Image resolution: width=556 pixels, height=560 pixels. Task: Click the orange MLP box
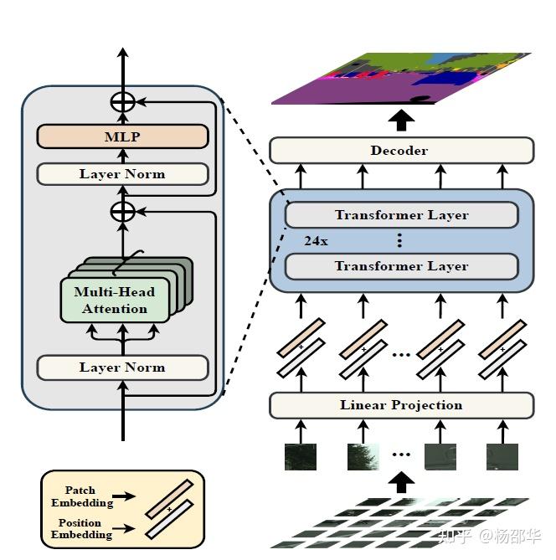coord(122,136)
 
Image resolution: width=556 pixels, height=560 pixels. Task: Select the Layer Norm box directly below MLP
coord(122,174)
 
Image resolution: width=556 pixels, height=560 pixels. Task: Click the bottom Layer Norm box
coord(122,367)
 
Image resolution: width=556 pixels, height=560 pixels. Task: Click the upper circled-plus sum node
coord(123,101)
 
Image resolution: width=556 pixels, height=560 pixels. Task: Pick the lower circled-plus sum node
coord(123,212)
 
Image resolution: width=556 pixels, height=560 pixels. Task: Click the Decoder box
coord(400,151)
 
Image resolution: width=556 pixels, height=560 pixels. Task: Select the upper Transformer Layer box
coord(401,215)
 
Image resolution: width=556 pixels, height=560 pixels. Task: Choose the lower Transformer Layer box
coord(401,266)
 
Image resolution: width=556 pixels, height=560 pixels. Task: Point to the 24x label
coord(316,241)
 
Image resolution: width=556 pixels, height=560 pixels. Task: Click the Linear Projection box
coord(400,405)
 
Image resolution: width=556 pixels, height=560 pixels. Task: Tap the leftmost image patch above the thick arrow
coord(300,456)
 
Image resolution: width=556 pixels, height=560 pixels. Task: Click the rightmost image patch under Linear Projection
coord(502,456)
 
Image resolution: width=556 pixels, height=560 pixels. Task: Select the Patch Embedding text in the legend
coord(81,496)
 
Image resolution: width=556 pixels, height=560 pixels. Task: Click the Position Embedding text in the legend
coord(81,529)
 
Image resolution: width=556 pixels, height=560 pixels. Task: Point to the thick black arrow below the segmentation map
coord(402,120)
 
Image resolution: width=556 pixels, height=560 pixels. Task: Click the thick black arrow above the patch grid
coord(402,482)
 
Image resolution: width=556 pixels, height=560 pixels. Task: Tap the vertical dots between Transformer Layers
coord(400,241)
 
